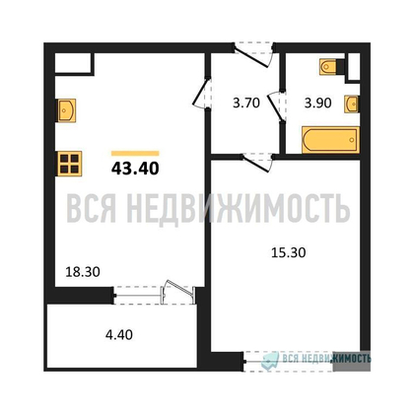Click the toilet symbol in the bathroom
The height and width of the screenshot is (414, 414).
pos(330,68)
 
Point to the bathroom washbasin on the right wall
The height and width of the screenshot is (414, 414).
pos(351,103)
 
